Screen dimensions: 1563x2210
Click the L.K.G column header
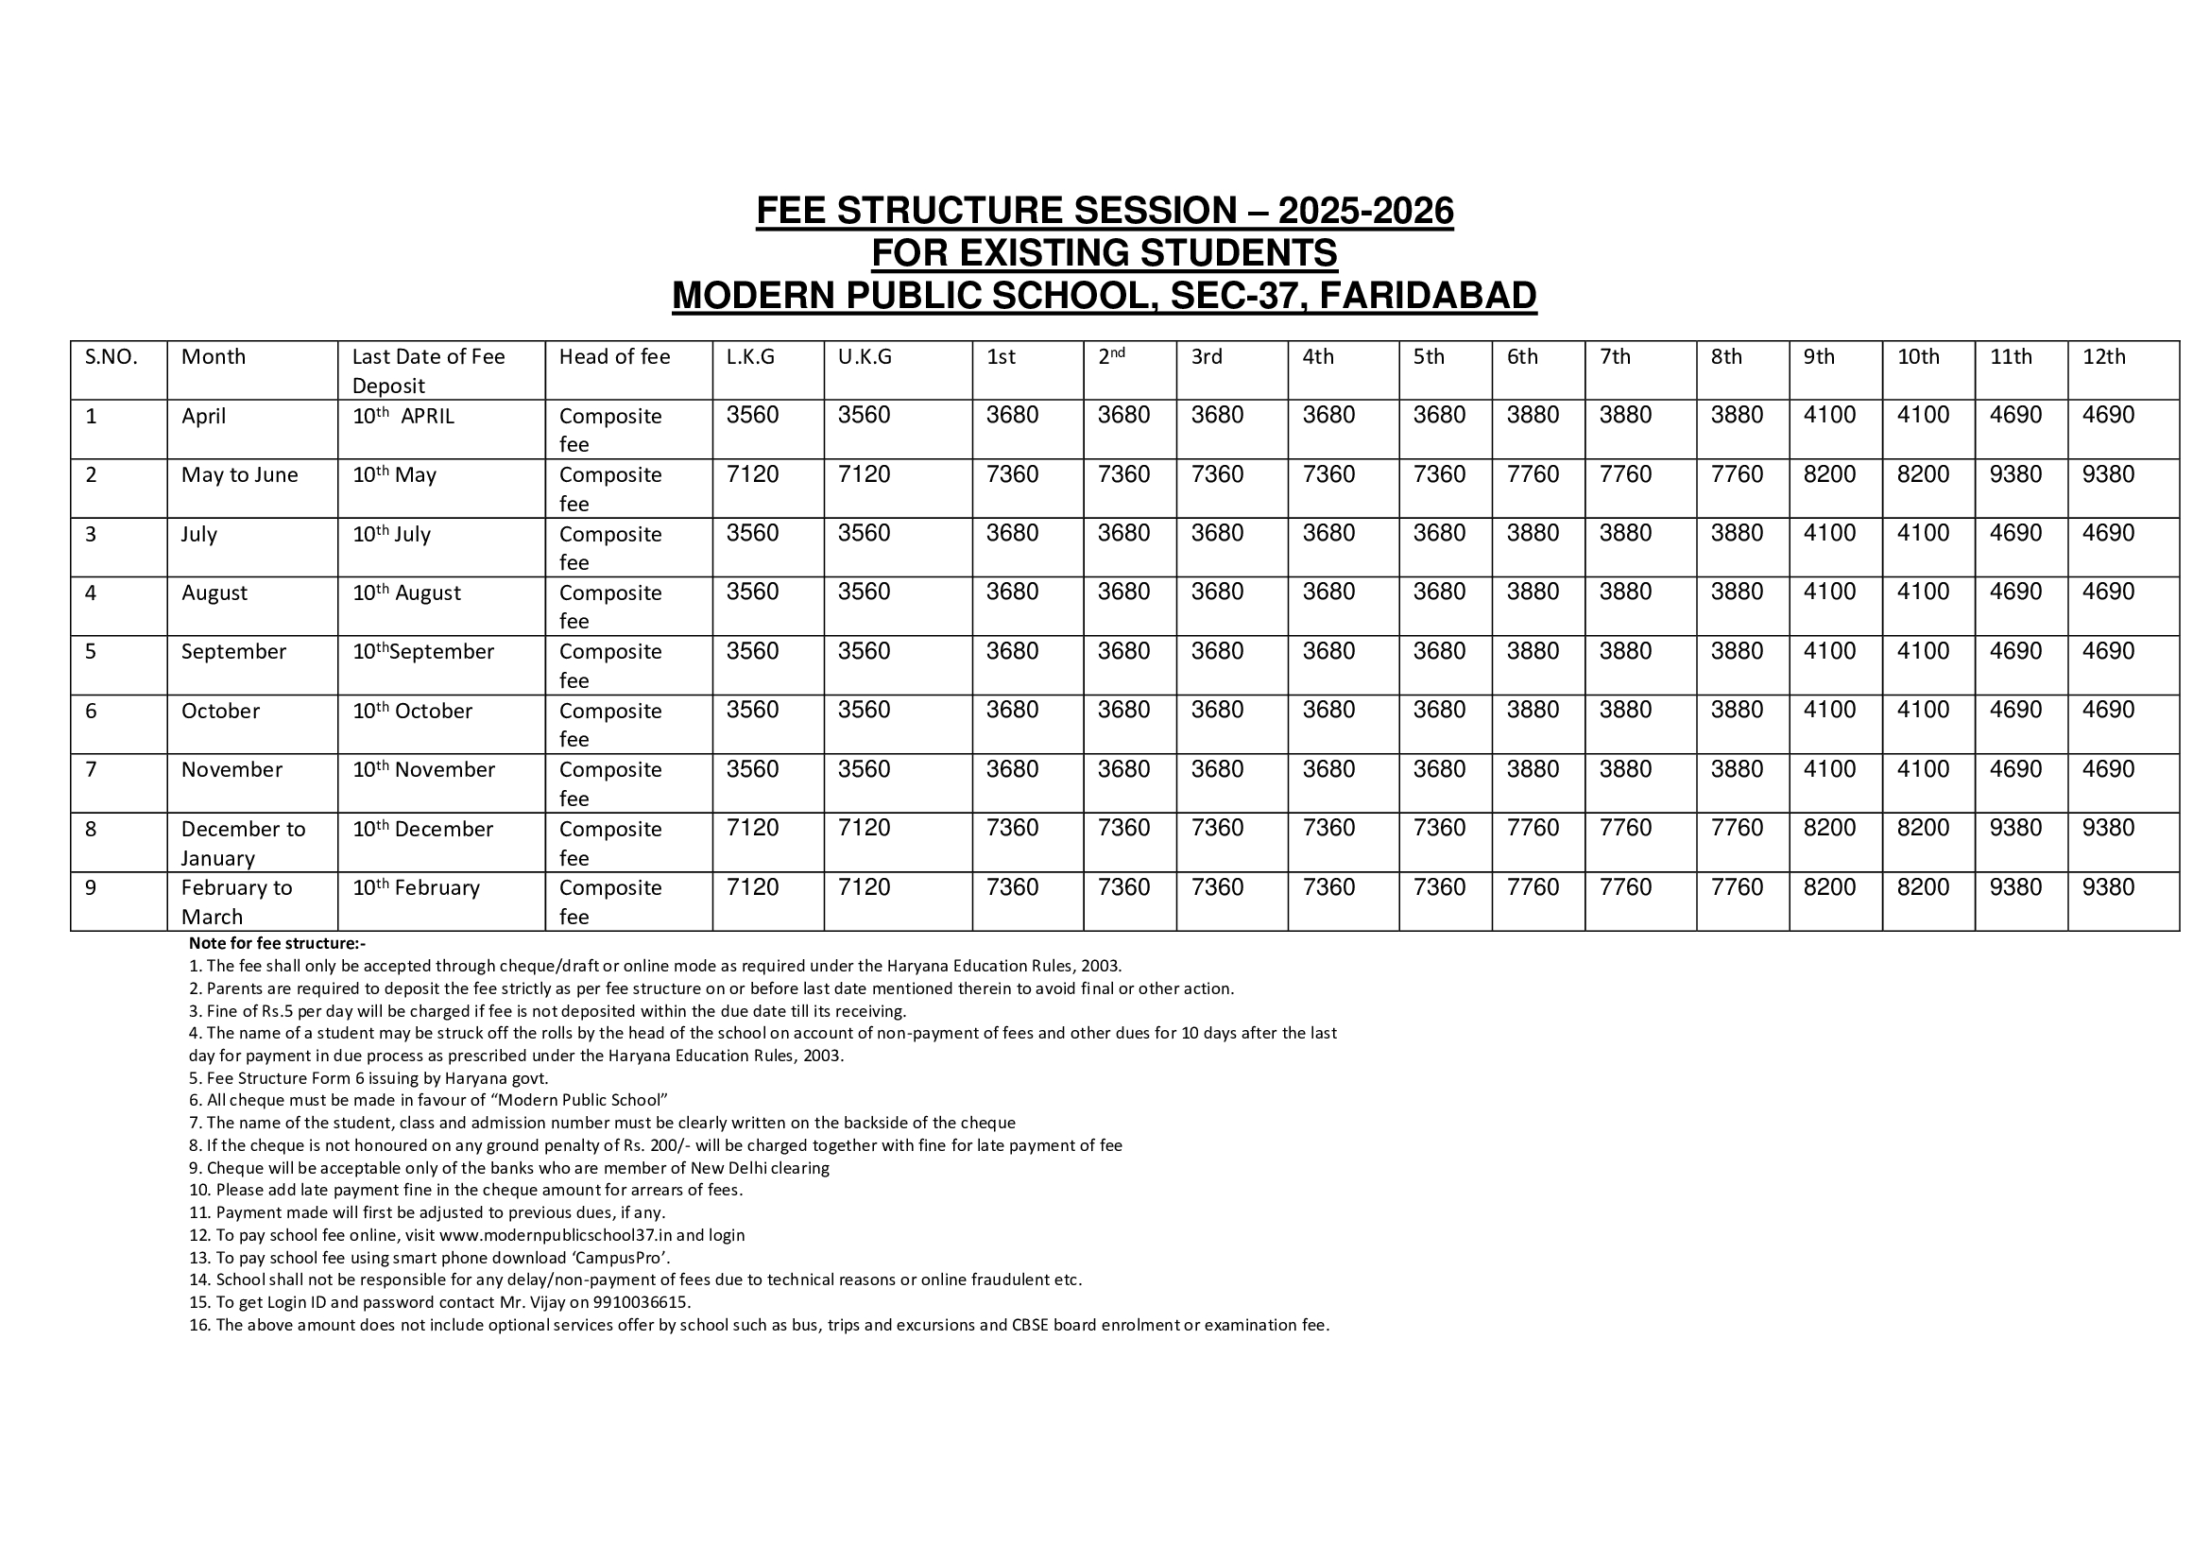(x=751, y=357)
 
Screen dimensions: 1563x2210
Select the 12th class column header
(x=2103, y=357)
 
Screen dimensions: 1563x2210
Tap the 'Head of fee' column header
(x=614, y=357)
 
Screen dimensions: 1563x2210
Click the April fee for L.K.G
(x=752, y=416)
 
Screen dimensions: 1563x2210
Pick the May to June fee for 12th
(x=2108, y=474)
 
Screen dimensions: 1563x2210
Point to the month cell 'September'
(x=234, y=652)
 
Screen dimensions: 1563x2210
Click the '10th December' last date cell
(x=422, y=829)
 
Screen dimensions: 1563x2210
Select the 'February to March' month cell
(x=237, y=902)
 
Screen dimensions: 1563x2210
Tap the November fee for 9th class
(x=1829, y=769)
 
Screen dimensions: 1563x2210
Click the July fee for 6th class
(x=1533, y=533)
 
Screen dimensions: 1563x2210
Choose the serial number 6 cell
(x=92, y=711)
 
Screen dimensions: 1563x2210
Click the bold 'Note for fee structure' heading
(x=277, y=943)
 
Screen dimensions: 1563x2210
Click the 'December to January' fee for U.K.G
(x=864, y=829)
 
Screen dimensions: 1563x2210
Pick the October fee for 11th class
(x=2015, y=711)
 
